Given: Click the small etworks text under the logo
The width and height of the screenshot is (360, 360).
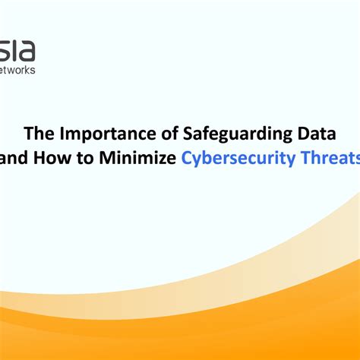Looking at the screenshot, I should point(17,70).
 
